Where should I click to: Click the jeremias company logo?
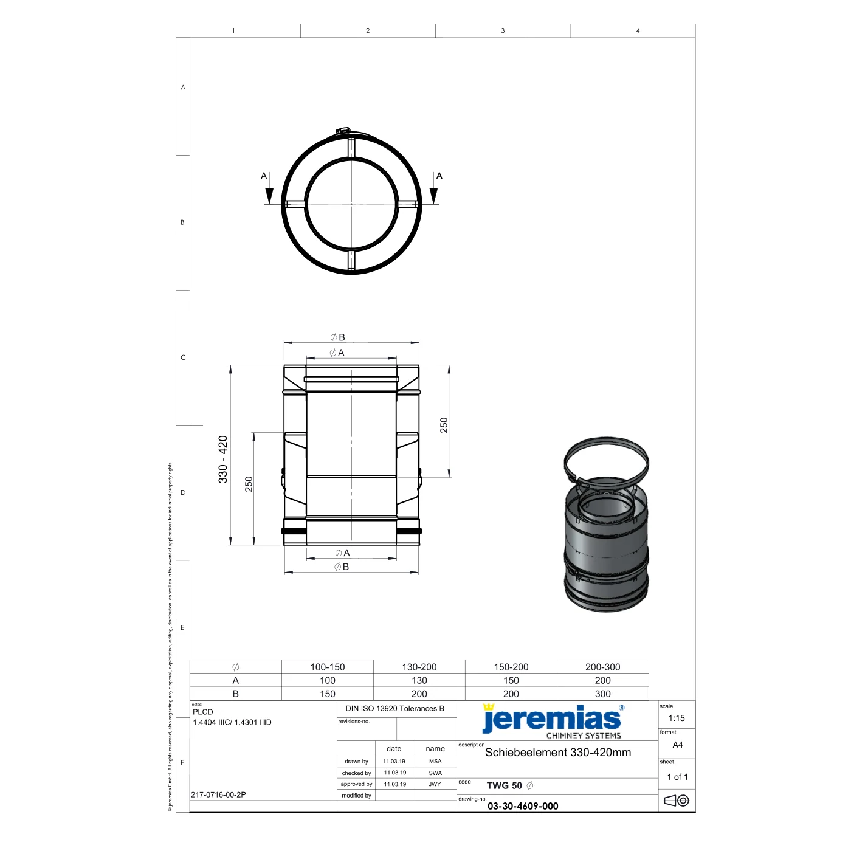tap(553, 721)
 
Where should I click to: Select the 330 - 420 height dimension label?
tap(223, 460)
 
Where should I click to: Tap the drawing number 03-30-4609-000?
tap(522, 806)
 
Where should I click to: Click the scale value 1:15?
tap(676, 718)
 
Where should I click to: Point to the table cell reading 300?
tap(602, 694)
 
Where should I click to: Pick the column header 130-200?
tap(419, 667)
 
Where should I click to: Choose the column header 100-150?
tap(327, 667)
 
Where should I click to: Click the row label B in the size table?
tap(235, 694)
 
